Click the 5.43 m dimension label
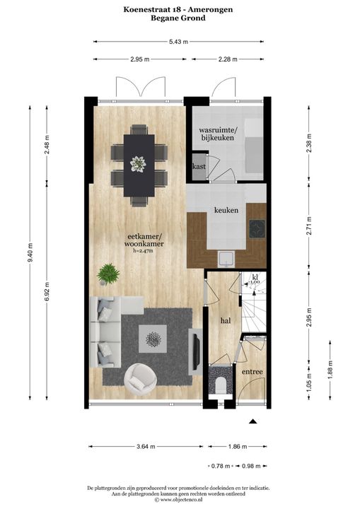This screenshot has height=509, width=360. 178,42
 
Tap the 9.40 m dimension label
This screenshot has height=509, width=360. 30,252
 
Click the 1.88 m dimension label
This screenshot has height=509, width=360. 330,370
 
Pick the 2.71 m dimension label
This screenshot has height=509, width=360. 309,226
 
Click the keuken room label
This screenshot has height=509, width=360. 226,211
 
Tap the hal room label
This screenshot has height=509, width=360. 226,321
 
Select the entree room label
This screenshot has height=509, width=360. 252,372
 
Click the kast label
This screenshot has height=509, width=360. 199,167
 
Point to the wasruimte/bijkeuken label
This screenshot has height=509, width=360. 218,134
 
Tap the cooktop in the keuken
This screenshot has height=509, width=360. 257,228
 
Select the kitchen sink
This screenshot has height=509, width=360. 226,259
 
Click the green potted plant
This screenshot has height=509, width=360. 108,274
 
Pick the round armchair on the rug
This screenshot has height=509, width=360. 141,379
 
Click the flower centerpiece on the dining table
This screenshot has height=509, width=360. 138,164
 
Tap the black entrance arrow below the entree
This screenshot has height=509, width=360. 253,421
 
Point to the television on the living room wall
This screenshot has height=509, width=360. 196,349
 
